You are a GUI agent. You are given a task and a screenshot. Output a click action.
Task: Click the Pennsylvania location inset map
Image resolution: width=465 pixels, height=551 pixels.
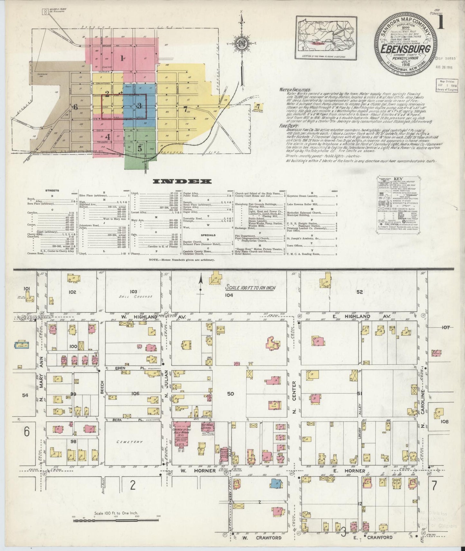coord(326,38)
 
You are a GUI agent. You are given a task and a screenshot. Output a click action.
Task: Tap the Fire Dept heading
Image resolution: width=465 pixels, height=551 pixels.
coord(287,126)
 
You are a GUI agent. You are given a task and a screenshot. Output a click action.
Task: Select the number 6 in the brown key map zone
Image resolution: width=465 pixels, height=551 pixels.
coord(76,107)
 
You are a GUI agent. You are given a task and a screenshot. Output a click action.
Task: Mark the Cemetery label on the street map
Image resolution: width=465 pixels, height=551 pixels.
coord(130,442)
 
